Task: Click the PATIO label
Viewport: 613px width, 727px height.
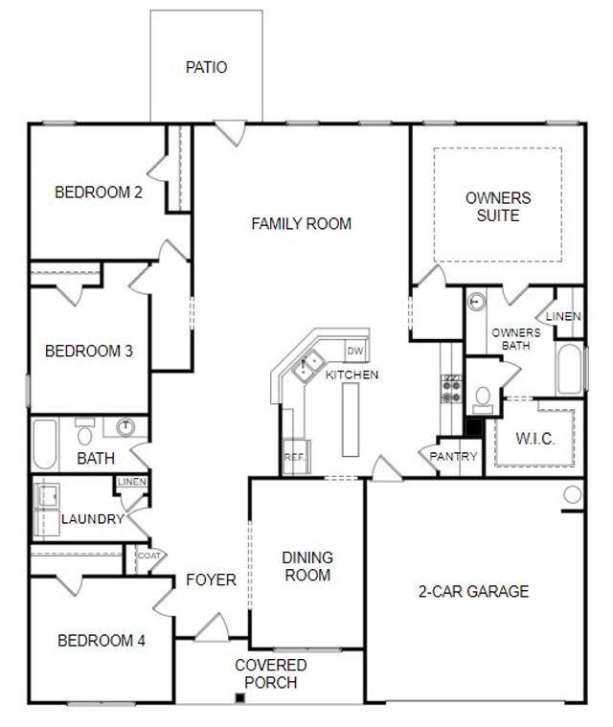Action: (206, 68)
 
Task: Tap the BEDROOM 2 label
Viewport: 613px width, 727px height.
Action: (99, 193)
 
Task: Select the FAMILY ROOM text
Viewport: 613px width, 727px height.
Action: (301, 224)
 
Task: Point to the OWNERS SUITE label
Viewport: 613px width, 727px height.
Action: (497, 207)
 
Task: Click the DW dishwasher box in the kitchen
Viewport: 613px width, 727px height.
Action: (355, 351)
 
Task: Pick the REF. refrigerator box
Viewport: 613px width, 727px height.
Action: (294, 458)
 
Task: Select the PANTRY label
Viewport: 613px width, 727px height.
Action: (453, 457)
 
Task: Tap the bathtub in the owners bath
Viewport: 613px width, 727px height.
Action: (568, 370)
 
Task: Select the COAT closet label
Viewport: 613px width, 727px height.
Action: (148, 556)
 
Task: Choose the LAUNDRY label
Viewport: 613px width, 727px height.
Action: (92, 519)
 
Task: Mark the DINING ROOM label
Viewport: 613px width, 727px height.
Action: (306, 566)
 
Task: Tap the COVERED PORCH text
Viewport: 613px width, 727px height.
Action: (271, 673)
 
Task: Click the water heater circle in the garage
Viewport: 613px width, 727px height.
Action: (572, 495)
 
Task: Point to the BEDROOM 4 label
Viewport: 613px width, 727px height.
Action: (102, 641)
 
